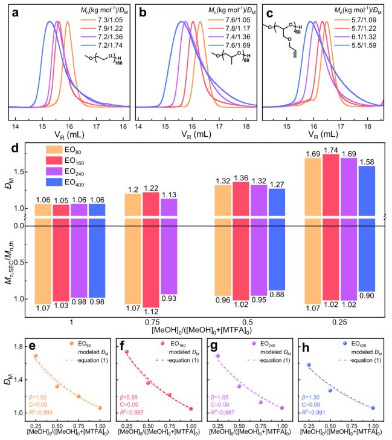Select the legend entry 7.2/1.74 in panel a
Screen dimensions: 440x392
106,46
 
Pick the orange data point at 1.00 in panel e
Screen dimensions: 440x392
100,408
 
